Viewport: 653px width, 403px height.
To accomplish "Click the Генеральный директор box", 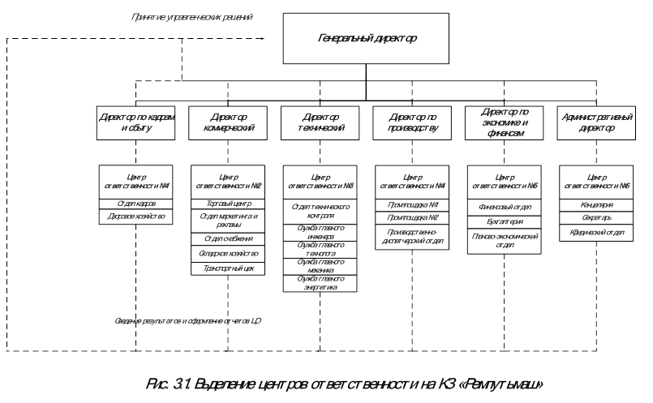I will (366, 38).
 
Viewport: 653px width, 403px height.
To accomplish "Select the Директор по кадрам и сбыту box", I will (136, 122).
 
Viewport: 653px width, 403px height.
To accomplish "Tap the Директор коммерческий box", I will (228, 122).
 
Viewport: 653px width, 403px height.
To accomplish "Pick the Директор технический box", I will (320, 122).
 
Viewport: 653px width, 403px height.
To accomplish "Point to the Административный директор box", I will (597, 122).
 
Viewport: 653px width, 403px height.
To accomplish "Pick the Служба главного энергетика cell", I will (320, 284).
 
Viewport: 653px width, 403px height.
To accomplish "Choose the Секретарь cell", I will (597, 219).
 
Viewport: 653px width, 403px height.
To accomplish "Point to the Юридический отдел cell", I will (597, 233).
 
